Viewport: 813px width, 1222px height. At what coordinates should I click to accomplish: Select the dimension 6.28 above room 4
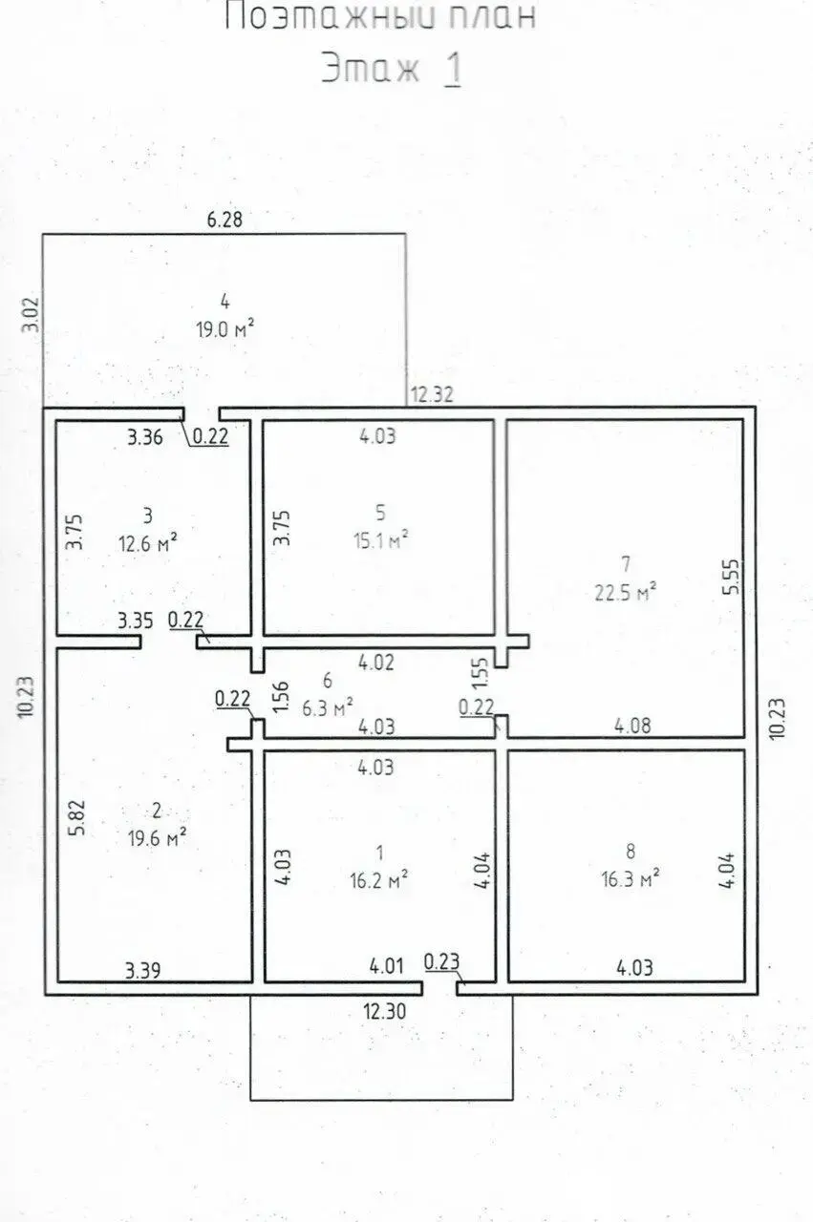[225, 220]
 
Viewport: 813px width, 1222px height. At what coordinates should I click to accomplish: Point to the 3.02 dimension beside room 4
[31, 315]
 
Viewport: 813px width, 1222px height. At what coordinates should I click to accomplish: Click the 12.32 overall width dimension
[432, 394]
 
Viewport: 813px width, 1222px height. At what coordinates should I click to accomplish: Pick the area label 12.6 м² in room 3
[148, 543]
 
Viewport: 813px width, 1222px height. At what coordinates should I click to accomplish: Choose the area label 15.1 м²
[380, 540]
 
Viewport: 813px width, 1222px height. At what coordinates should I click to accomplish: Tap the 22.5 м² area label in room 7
[625, 592]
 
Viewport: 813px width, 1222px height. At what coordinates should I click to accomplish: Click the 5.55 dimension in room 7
[733, 576]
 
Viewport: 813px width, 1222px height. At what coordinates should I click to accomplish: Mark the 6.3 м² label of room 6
[328, 708]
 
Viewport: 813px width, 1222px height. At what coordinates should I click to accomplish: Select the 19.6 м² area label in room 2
[158, 837]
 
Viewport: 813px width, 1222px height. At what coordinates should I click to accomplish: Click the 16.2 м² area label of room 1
[379, 879]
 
